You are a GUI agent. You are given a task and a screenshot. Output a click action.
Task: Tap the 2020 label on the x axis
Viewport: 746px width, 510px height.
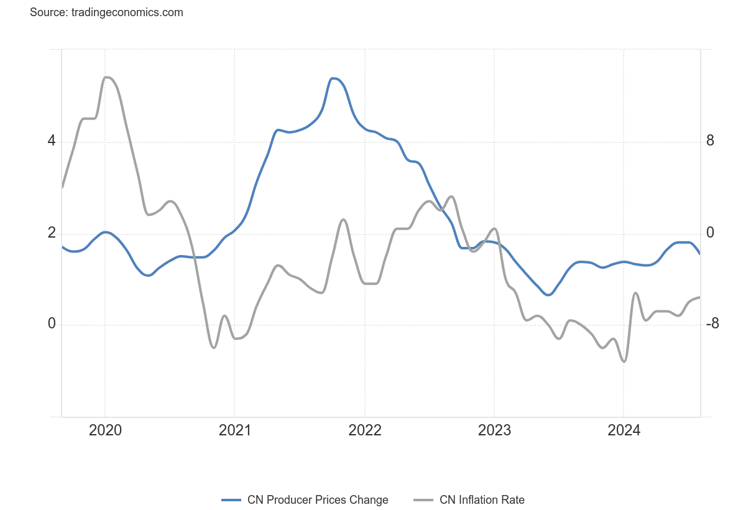[x=105, y=430]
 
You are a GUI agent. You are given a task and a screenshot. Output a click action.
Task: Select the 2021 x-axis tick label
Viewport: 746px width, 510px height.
[x=234, y=430]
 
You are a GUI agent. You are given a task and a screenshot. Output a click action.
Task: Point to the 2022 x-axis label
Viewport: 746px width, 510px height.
[x=364, y=430]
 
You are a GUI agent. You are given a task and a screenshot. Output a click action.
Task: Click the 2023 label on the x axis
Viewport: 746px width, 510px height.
[x=494, y=430]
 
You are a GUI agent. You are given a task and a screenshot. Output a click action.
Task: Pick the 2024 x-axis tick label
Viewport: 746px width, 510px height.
[x=624, y=430]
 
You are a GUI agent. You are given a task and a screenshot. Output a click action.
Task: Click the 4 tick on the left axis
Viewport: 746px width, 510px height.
[x=52, y=141]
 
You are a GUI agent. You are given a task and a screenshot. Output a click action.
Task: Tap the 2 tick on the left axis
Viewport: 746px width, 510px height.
[x=52, y=233]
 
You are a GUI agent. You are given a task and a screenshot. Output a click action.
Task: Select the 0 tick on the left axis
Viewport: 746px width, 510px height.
[x=52, y=324]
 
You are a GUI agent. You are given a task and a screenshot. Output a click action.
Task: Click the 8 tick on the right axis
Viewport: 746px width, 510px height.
[x=710, y=141]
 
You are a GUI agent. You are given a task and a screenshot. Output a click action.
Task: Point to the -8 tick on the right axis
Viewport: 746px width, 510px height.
[x=712, y=324]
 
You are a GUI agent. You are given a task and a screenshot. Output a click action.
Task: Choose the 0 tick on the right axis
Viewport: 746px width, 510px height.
[x=710, y=233]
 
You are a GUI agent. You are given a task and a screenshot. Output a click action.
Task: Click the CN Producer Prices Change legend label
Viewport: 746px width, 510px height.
[x=318, y=500]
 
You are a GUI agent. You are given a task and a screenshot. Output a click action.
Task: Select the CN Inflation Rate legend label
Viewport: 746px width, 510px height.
[x=482, y=500]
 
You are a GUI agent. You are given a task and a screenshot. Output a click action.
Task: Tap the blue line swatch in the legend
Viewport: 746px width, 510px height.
[x=231, y=500]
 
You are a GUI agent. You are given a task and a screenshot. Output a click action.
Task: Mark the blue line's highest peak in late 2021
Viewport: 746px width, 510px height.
[x=334, y=78]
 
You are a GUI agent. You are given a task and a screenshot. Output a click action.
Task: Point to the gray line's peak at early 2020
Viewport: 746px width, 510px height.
[x=106, y=77]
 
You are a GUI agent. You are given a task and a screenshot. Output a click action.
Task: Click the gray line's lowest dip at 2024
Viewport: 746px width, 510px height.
[x=624, y=361]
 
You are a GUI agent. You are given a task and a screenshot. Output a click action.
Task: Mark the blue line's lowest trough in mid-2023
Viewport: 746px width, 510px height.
[x=548, y=295]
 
